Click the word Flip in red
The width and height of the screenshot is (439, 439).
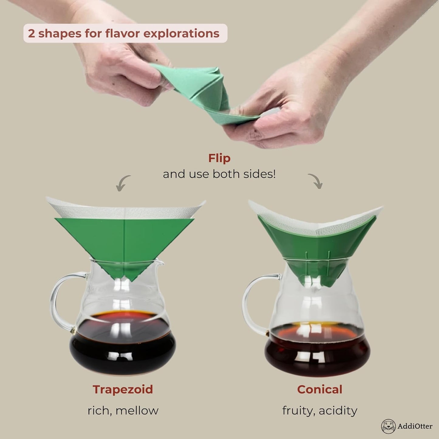[219, 158]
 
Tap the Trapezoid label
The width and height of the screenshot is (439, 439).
[123, 389]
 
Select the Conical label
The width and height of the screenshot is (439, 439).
[320, 389]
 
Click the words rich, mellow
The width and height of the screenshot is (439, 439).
[123, 410]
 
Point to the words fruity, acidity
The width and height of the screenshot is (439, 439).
[320, 410]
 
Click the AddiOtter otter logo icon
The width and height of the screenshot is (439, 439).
[388, 426]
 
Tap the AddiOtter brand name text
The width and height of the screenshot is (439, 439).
[415, 426]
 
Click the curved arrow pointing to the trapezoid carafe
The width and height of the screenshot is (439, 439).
[123, 183]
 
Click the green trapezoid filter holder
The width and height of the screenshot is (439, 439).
[125, 240]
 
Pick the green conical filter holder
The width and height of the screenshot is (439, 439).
[316, 249]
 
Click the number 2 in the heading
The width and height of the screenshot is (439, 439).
[31, 33]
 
